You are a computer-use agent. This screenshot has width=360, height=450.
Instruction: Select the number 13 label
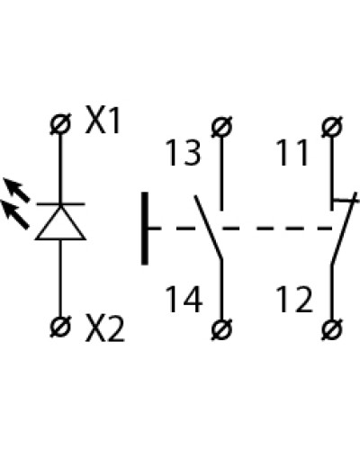[x=183, y=153]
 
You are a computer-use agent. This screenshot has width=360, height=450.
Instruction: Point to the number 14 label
[x=184, y=299]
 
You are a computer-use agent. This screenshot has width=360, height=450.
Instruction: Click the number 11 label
[x=293, y=153]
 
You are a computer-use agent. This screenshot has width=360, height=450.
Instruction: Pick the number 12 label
[x=294, y=299]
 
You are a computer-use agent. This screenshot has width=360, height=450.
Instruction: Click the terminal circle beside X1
[x=60, y=123]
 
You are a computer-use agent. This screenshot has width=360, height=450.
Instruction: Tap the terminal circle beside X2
[x=60, y=327]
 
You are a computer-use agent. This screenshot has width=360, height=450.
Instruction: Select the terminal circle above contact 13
[x=221, y=127]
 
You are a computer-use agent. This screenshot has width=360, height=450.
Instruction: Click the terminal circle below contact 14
[x=221, y=329]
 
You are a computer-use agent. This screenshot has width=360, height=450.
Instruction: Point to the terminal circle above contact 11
[x=331, y=127]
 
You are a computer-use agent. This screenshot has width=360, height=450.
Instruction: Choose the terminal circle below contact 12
[x=331, y=329]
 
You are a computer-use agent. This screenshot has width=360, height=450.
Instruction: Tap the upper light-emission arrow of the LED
[x=16, y=189]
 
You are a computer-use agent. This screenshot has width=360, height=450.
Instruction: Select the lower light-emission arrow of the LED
[x=15, y=214]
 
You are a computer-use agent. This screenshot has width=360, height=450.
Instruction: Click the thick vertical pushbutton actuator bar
[x=145, y=229]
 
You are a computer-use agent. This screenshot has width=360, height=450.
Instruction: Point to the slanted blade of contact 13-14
[x=209, y=227]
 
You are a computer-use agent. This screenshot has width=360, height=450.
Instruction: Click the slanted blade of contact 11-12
[x=345, y=229]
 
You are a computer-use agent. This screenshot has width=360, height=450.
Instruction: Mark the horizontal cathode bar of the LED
[x=60, y=204]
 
